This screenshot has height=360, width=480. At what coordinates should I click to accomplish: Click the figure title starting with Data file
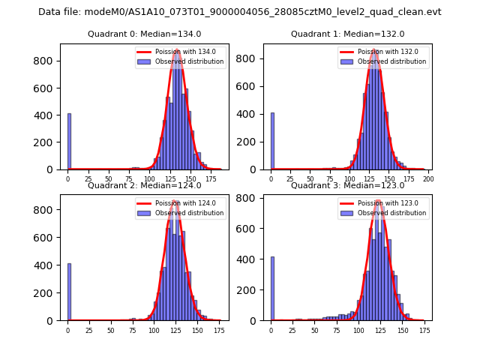tap(240, 12)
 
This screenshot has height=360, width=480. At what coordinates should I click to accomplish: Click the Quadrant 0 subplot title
tap(143, 34)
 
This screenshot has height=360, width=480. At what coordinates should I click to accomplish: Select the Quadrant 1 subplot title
tap(347, 34)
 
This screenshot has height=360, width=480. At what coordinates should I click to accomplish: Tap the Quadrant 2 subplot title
tap(143, 185)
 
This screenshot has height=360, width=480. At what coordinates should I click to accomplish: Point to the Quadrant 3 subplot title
tap(347, 185)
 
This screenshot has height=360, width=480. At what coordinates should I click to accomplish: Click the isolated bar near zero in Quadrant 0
tap(69, 142)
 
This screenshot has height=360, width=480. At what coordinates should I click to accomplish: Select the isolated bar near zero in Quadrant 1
tap(272, 142)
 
